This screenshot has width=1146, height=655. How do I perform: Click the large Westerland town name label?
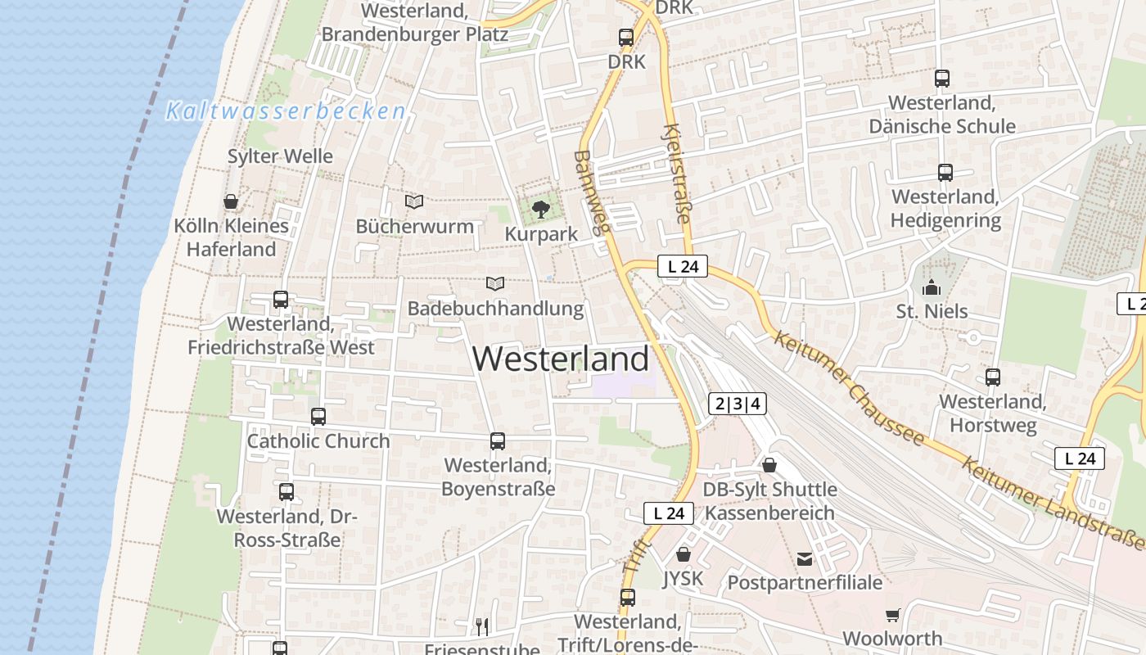tap(561, 359)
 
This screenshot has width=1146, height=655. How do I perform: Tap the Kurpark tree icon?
tap(540, 210)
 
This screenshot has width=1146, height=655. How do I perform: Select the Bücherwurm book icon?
tap(414, 201)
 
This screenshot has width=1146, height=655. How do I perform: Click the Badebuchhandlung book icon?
tap(494, 284)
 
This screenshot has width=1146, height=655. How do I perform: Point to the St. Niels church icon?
tap(931, 287)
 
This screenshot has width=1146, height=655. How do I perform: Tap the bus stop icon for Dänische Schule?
tap(941, 79)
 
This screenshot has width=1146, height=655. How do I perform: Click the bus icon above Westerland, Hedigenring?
tap(945, 173)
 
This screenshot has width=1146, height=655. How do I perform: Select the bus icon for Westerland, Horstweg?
tap(992, 377)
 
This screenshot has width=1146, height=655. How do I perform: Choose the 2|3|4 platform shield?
tap(738, 404)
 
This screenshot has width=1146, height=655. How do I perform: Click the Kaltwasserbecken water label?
tap(286, 111)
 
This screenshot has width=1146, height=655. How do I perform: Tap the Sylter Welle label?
tap(280, 156)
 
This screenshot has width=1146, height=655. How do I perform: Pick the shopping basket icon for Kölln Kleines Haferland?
tap(231, 201)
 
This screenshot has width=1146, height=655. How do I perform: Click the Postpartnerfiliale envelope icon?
tap(805, 559)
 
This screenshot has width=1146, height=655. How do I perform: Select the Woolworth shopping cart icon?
tap(892, 615)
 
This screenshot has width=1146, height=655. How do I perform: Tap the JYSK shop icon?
tap(683, 555)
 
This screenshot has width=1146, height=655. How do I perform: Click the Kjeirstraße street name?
tap(677, 173)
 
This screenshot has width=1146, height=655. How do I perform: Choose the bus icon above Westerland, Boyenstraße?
tap(497, 441)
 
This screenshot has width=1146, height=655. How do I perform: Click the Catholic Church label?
tap(318, 440)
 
